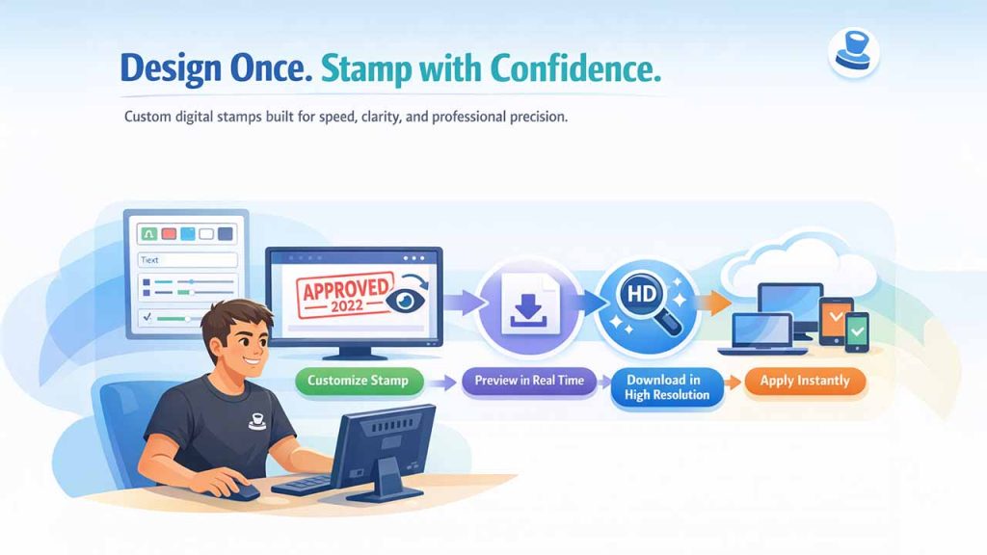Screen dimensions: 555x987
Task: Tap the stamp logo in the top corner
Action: [852, 54]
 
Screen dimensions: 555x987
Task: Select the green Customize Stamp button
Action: [358, 381]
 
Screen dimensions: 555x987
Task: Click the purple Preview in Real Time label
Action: [529, 381]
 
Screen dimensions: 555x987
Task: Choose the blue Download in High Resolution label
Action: [667, 387]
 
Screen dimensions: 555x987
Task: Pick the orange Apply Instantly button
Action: [804, 381]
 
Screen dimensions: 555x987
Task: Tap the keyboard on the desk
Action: [302, 484]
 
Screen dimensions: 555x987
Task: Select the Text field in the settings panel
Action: [187, 260]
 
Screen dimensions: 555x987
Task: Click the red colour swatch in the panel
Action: [168, 234]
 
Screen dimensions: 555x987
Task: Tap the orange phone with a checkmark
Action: [835, 314]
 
